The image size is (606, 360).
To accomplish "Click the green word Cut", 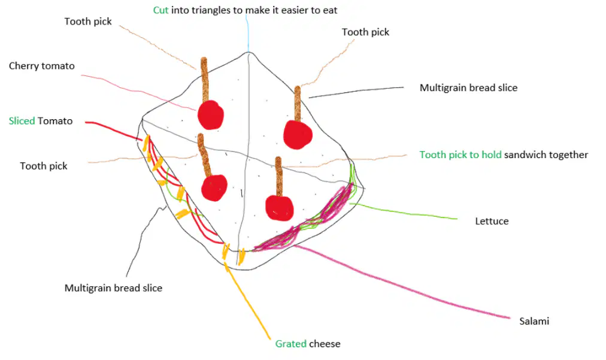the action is (x=160, y=10).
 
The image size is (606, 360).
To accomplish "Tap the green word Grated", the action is (x=290, y=344).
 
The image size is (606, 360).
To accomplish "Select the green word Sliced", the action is (x=22, y=121).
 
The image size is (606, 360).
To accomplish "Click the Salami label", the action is (x=534, y=321).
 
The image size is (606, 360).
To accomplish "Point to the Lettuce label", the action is (x=492, y=221).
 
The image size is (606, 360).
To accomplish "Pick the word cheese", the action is (x=325, y=344).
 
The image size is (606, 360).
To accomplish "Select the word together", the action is (x=570, y=155).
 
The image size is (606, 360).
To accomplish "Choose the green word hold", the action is (x=492, y=155).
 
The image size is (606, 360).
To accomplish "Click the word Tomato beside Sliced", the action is (x=55, y=121).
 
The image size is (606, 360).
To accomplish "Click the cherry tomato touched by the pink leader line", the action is (x=211, y=115).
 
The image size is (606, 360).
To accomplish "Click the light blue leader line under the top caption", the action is (x=247, y=34).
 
